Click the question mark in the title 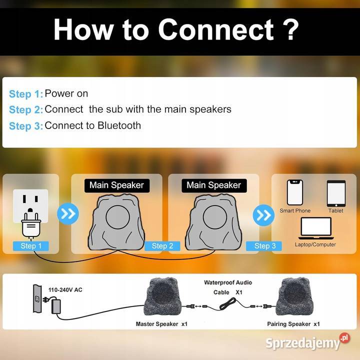[289, 30]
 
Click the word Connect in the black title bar [216, 30]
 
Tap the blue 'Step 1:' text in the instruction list [26, 94]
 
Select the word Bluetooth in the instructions [119, 125]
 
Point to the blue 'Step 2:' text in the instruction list [26, 109]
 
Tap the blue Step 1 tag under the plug [31, 246]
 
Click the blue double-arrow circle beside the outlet [68, 214]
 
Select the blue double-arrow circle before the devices [263, 215]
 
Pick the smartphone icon [295, 192]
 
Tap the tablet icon [336, 193]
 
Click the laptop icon [316, 228]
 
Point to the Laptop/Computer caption [315, 244]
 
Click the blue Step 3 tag [264, 246]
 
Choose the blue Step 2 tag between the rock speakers [162, 246]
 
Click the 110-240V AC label [65, 289]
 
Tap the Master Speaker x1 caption [161, 324]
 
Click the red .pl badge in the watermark [344, 338]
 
